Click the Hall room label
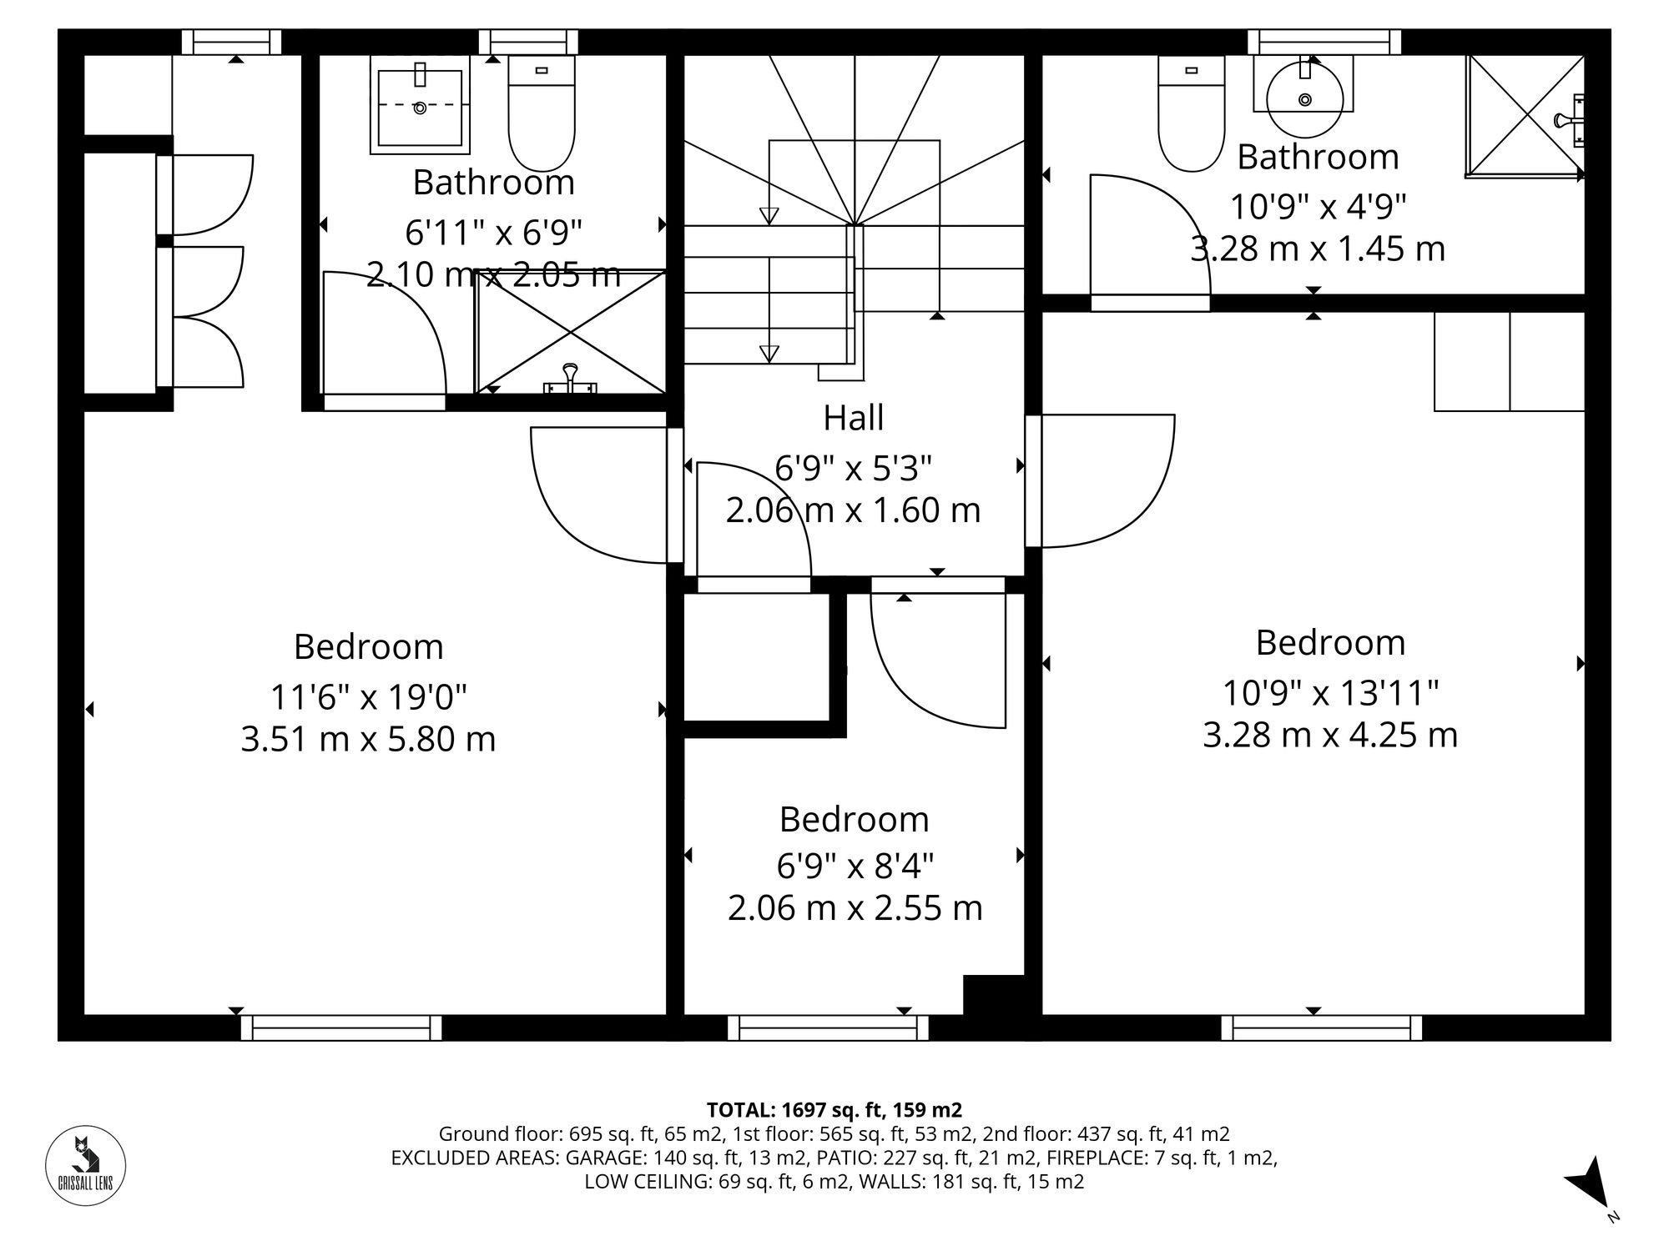pyautogui.click(x=853, y=418)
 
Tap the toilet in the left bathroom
pyautogui.click(x=542, y=113)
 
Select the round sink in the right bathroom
pyautogui.click(x=1304, y=98)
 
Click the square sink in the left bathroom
pyautogui.click(x=420, y=107)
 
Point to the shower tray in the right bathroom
pyautogui.click(x=1523, y=116)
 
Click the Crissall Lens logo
pyautogui.click(x=85, y=1164)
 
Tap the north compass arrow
pyautogui.click(x=1587, y=1185)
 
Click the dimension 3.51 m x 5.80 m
pyautogui.click(x=368, y=740)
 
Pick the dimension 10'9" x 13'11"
pyautogui.click(x=1330, y=692)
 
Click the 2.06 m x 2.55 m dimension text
pyautogui.click(x=855, y=908)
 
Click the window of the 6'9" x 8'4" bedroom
pyautogui.click(x=828, y=1027)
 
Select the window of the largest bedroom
pyautogui.click(x=341, y=1027)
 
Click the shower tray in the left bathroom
pyautogui.click(x=571, y=332)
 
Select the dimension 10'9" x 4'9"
pyautogui.click(x=1318, y=206)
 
